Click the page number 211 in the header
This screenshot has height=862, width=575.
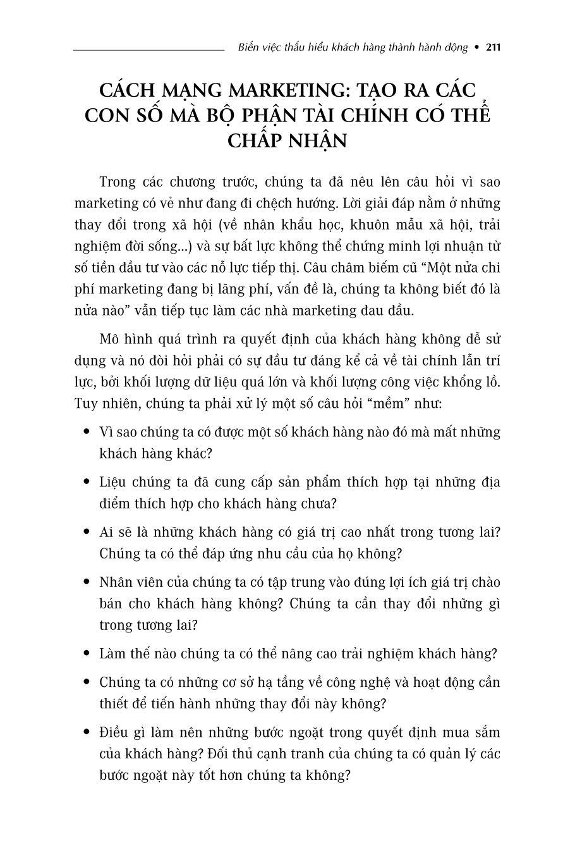pyautogui.click(x=493, y=47)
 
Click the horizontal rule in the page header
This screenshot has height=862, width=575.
pyautogui.click(x=148, y=49)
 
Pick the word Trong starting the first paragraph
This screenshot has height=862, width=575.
pyautogui.click(x=118, y=182)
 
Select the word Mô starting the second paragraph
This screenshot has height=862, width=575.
pyautogui.click(x=109, y=339)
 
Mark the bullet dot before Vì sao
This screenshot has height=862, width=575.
pyautogui.click(x=87, y=432)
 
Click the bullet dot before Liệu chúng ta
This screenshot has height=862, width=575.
pyautogui.click(x=87, y=482)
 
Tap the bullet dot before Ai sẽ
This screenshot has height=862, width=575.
pyautogui.click(x=87, y=532)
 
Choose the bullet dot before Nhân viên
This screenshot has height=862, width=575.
pyautogui.click(x=87, y=582)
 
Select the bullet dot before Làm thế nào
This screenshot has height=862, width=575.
pyautogui.click(x=87, y=653)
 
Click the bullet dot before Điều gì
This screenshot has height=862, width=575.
pyautogui.click(x=87, y=732)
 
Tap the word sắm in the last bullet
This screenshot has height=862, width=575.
pyautogui.click(x=489, y=732)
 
